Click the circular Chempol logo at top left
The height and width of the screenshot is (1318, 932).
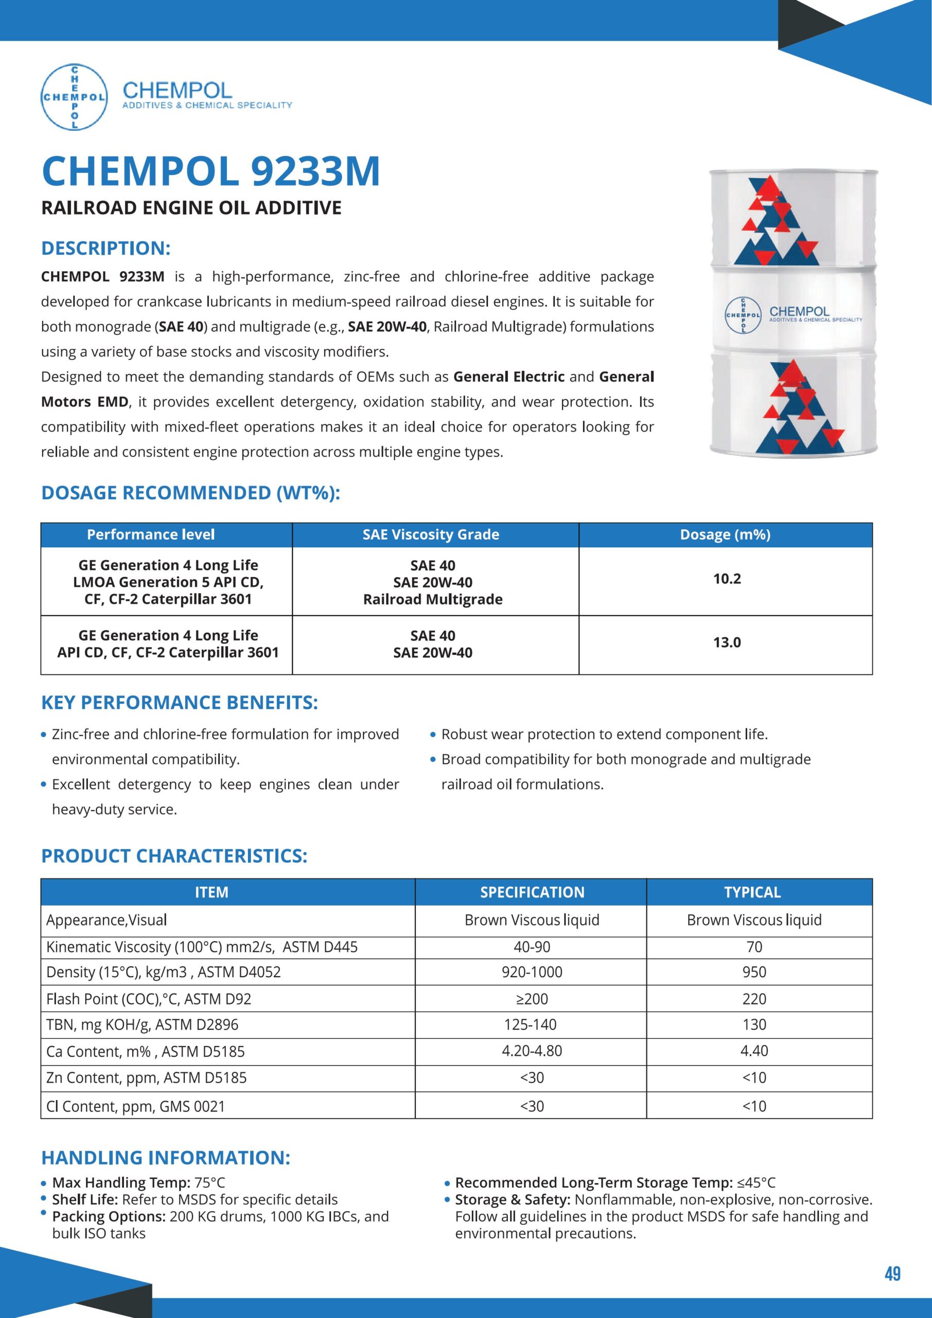pos(74,96)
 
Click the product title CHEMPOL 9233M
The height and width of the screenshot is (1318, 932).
pos(210,171)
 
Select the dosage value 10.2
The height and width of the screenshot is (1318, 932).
pos(727,579)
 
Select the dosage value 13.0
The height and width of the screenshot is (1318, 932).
pos(727,643)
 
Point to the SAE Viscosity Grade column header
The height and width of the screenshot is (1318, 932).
pos(430,534)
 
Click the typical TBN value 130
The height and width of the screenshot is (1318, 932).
pos(753,1024)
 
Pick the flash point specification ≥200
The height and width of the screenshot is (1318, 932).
pos(532,999)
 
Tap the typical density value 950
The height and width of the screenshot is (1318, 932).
pos(753,972)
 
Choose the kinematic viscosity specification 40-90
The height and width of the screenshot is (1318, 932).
pos(532,947)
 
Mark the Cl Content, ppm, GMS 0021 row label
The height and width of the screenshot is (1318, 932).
pos(135,1106)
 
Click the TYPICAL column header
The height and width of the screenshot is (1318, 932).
pos(752,892)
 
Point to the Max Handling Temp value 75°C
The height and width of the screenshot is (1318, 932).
pos(210,1183)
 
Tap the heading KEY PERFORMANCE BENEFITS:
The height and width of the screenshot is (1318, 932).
pos(180,703)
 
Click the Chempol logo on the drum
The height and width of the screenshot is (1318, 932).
pos(743,315)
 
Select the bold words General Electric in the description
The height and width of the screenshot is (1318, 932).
pos(508,376)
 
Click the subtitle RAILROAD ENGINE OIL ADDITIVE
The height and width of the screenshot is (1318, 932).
pos(191,207)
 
